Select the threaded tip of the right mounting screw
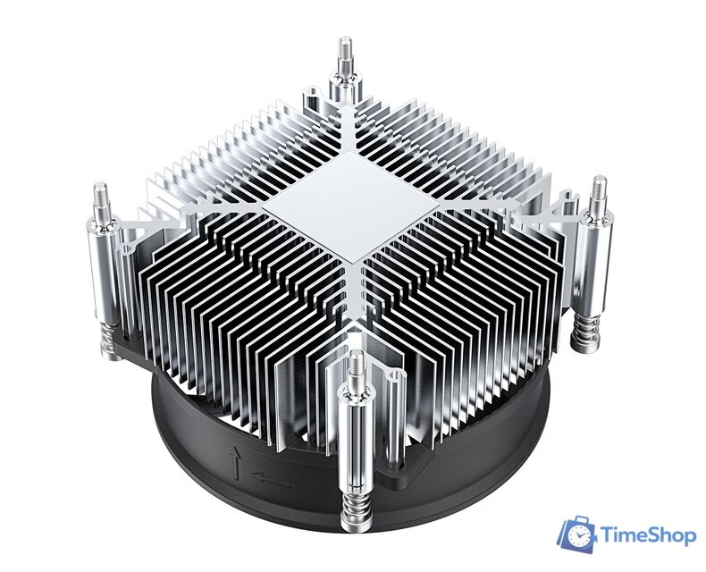[598, 191]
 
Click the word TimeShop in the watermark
[645, 535]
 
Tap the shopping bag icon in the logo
[578, 534]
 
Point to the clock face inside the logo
[580, 537]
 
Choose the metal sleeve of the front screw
[356, 438]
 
